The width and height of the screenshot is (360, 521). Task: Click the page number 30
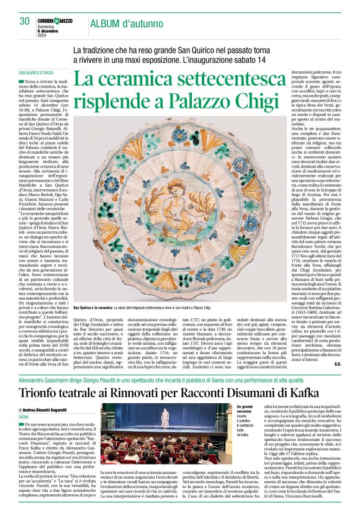point(25,21)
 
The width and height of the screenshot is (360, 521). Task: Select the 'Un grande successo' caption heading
point(245,411)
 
